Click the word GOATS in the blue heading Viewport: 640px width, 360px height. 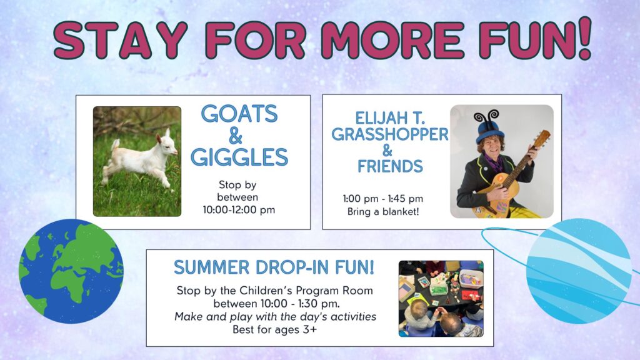(x=239, y=114)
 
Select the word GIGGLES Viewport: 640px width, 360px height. (x=239, y=157)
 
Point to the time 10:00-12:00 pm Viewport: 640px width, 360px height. (x=239, y=210)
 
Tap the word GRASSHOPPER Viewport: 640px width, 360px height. (x=390, y=134)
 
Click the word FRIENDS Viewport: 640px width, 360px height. (x=390, y=166)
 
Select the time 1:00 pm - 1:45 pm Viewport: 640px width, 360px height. (x=383, y=199)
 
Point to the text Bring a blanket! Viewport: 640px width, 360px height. (x=383, y=212)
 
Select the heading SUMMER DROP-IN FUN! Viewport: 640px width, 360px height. (x=274, y=267)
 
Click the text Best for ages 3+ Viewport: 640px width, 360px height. (x=274, y=329)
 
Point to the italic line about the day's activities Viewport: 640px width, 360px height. (x=275, y=317)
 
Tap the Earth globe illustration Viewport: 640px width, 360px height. (x=71, y=271)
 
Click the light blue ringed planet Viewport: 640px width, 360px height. (x=579, y=271)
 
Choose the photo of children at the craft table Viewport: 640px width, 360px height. (x=441, y=299)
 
